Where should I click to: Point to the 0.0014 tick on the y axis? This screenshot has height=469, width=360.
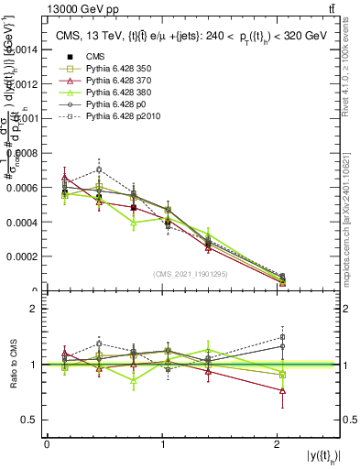25,49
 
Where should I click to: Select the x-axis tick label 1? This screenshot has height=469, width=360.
163,444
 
